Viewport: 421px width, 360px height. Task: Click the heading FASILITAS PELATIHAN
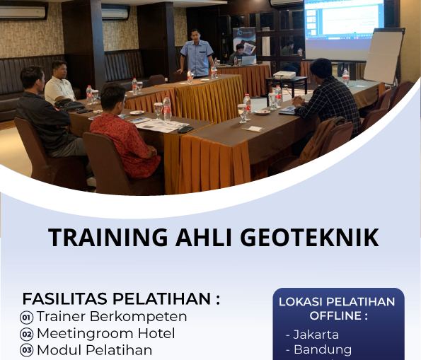(x=121, y=298)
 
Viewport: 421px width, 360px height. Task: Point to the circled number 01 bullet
(x=27, y=318)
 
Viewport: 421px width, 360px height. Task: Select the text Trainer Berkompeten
(x=112, y=316)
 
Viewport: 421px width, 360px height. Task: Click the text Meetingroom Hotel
(x=105, y=333)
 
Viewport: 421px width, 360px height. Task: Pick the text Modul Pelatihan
(x=94, y=350)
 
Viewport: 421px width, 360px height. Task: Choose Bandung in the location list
(x=322, y=349)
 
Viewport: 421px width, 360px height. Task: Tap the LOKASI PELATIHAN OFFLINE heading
(x=337, y=308)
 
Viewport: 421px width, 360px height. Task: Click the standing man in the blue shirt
(x=197, y=54)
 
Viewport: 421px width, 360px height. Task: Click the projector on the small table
(x=284, y=75)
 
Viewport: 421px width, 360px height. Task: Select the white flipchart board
(x=383, y=57)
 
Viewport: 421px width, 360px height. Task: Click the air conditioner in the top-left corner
(x=23, y=11)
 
